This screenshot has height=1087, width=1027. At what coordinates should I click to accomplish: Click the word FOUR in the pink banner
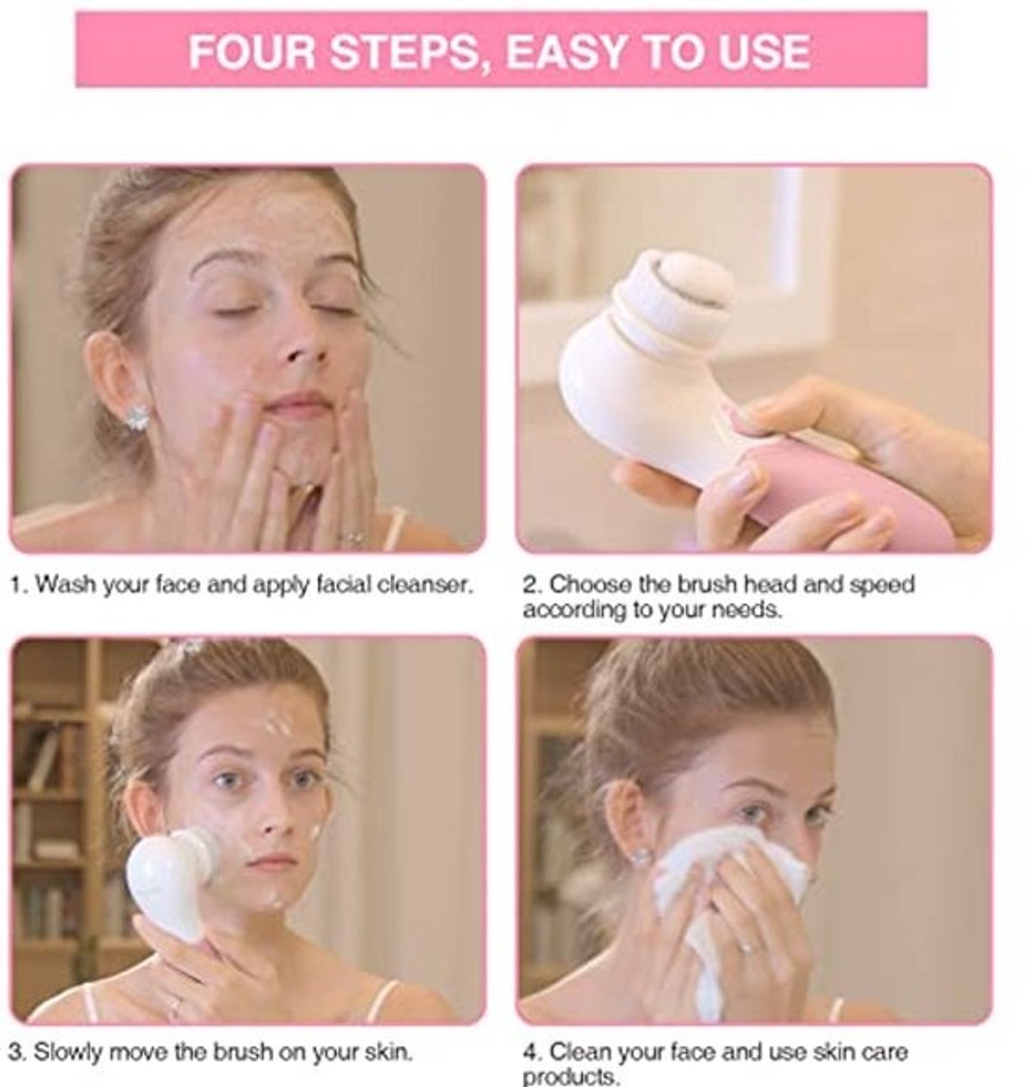(252, 51)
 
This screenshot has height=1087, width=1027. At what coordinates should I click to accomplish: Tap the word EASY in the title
(567, 52)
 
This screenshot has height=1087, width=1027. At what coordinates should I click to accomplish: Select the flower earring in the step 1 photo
(137, 417)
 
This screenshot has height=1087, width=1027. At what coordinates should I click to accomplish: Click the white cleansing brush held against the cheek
(171, 880)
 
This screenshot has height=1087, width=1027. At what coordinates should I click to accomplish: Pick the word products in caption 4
(571, 1076)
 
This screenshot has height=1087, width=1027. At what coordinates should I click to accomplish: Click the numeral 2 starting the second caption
(530, 585)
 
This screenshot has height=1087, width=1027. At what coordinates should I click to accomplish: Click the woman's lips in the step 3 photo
(272, 863)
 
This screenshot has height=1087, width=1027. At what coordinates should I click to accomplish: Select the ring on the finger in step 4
(748, 947)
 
